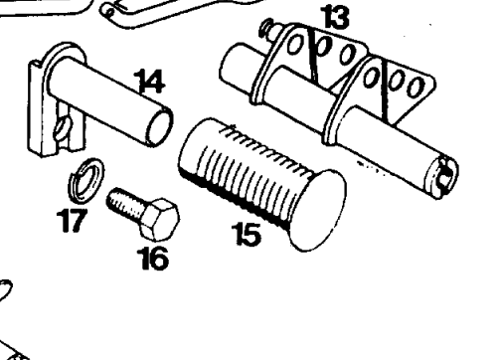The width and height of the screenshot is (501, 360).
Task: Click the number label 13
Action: click(x=327, y=16)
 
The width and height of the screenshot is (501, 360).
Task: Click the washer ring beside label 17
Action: click(x=89, y=184)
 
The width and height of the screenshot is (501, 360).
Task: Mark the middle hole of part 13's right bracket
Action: click(x=401, y=82)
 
